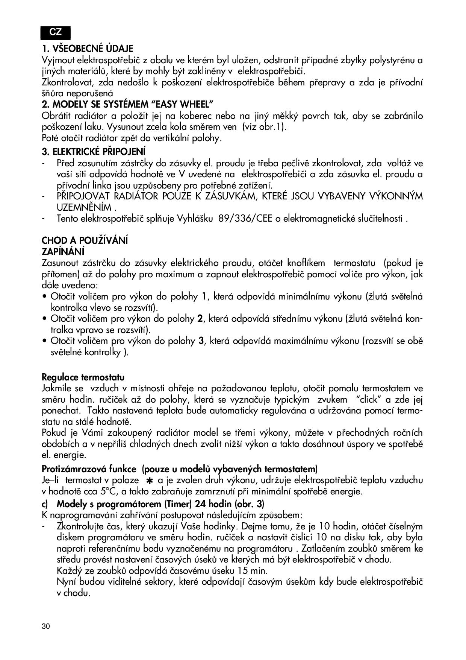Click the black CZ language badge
(x=56, y=33)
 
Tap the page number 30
(x=46, y=627)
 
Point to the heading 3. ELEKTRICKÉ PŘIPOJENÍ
(x=94, y=152)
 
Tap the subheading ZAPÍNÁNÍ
(x=63, y=251)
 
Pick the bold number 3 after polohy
(x=201, y=341)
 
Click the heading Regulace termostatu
(x=83, y=377)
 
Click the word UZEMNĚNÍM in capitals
(x=85, y=208)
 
